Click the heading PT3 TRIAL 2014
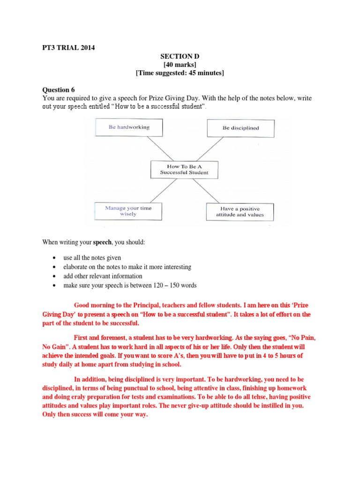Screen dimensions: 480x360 tap(69, 48)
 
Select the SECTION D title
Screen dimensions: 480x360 tap(180, 56)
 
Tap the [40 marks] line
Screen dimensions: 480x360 tap(180, 64)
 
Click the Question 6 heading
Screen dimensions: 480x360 tap(59, 90)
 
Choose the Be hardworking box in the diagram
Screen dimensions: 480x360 tap(129, 127)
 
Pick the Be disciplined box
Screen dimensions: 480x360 tap(240, 127)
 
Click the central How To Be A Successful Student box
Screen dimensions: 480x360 tap(184, 169)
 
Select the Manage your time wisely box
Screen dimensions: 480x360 tap(128, 211)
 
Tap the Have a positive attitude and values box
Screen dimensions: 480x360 tap(240, 212)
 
